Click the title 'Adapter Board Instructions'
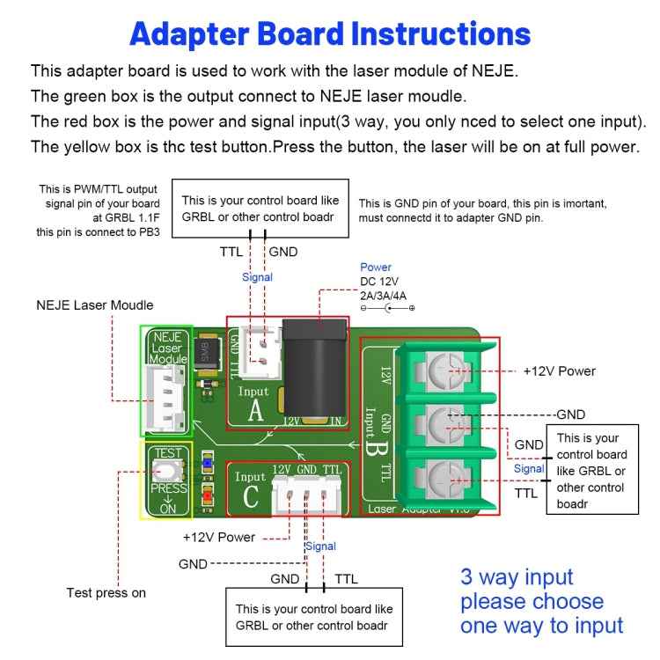330,33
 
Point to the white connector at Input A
258,352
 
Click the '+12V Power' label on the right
559,370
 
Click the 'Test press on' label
106,592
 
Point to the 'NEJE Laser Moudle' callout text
94,305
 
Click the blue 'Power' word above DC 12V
376,267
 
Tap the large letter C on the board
251,497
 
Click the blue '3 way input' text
517,577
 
